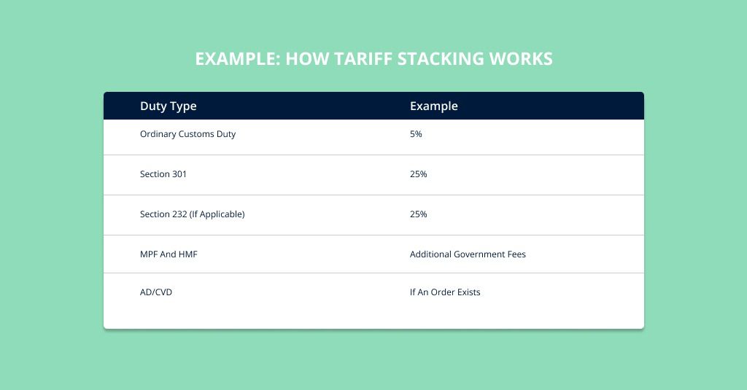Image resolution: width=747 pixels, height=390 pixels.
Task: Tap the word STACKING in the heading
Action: pos(441,58)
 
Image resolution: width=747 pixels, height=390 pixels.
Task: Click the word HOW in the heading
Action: pos(307,58)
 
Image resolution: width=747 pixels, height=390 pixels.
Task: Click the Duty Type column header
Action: pos(169,106)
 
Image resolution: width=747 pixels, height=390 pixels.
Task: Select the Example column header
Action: pos(434,106)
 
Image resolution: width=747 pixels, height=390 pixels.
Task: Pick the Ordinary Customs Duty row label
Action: pos(187,134)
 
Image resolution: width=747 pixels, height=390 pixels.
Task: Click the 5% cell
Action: pos(416,134)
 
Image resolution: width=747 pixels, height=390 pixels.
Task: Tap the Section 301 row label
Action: pos(163,173)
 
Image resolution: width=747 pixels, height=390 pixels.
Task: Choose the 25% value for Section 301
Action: pos(418,173)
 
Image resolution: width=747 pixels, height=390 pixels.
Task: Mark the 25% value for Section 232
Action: pos(418,214)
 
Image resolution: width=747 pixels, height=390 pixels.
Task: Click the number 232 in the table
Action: pos(179,214)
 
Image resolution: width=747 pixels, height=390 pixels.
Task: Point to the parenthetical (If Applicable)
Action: pos(217,214)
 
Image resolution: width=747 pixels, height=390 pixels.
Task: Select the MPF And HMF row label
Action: pos(169,254)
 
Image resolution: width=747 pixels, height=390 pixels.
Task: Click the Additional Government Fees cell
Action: pos(468,254)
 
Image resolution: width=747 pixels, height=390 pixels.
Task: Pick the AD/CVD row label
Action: pos(156,292)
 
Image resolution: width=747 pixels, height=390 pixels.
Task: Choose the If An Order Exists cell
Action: pos(445,292)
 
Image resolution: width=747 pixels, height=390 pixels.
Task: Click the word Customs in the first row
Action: pos(196,134)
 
